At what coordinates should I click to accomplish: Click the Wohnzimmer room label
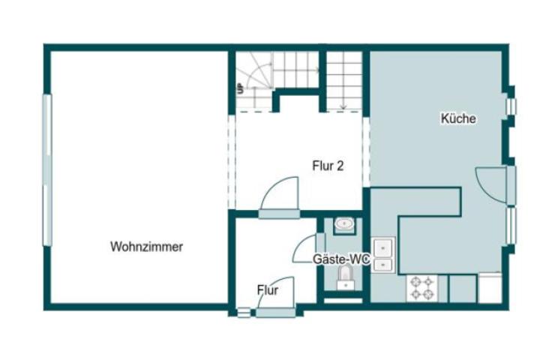pyautogui.click(x=146, y=246)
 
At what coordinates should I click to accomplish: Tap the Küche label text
pyautogui.click(x=458, y=118)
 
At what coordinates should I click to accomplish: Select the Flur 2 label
pyautogui.click(x=328, y=166)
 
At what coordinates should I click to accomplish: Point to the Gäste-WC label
pyautogui.click(x=341, y=259)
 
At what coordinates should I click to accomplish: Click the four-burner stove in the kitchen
pyautogui.click(x=421, y=288)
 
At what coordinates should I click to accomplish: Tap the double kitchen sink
pyautogui.click(x=383, y=254)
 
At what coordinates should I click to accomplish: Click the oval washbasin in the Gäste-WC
pyautogui.click(x=344, y=223)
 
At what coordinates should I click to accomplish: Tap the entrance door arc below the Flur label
pyautogui.click(x=270, y=295)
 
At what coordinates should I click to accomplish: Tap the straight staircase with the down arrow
pyautogui.click(x=344, y=80)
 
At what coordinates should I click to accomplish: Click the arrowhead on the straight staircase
pyautogui.click(x=343, y=108)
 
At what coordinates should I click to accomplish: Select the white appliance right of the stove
pyautogui.click(x=490, y=287)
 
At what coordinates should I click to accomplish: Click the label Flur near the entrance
pyautogui.click(x=268, y=289)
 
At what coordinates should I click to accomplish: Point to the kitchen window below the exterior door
pyautogui.click(x=511, y=225)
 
